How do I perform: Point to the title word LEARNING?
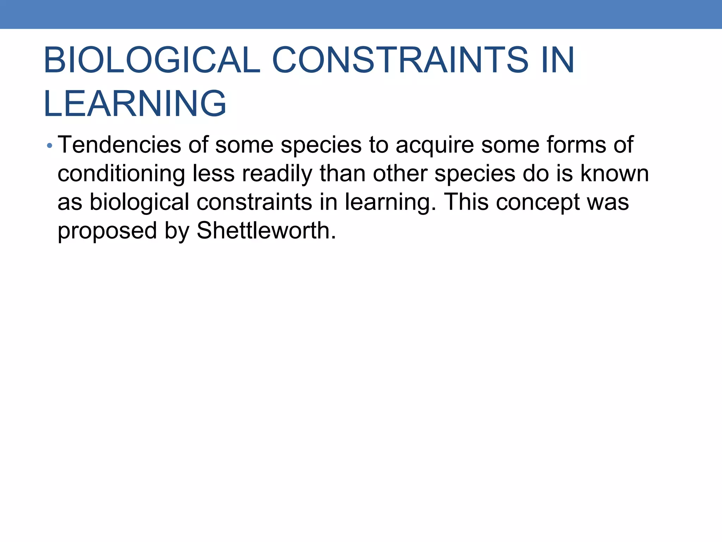tap(135, 103)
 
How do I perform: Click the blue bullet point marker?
tap(50, 145)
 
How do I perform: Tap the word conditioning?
tap(121, 174)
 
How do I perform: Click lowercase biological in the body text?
tap(139, 202)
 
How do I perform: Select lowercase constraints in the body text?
tap(254, 202)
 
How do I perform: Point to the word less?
tap(214, 173)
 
